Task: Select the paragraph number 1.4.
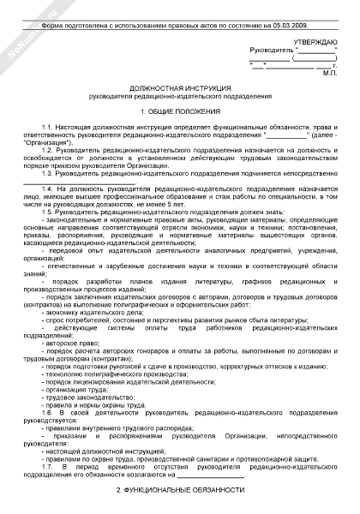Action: click(x=49, y=188)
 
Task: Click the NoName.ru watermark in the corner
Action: click(x=26, y=26)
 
